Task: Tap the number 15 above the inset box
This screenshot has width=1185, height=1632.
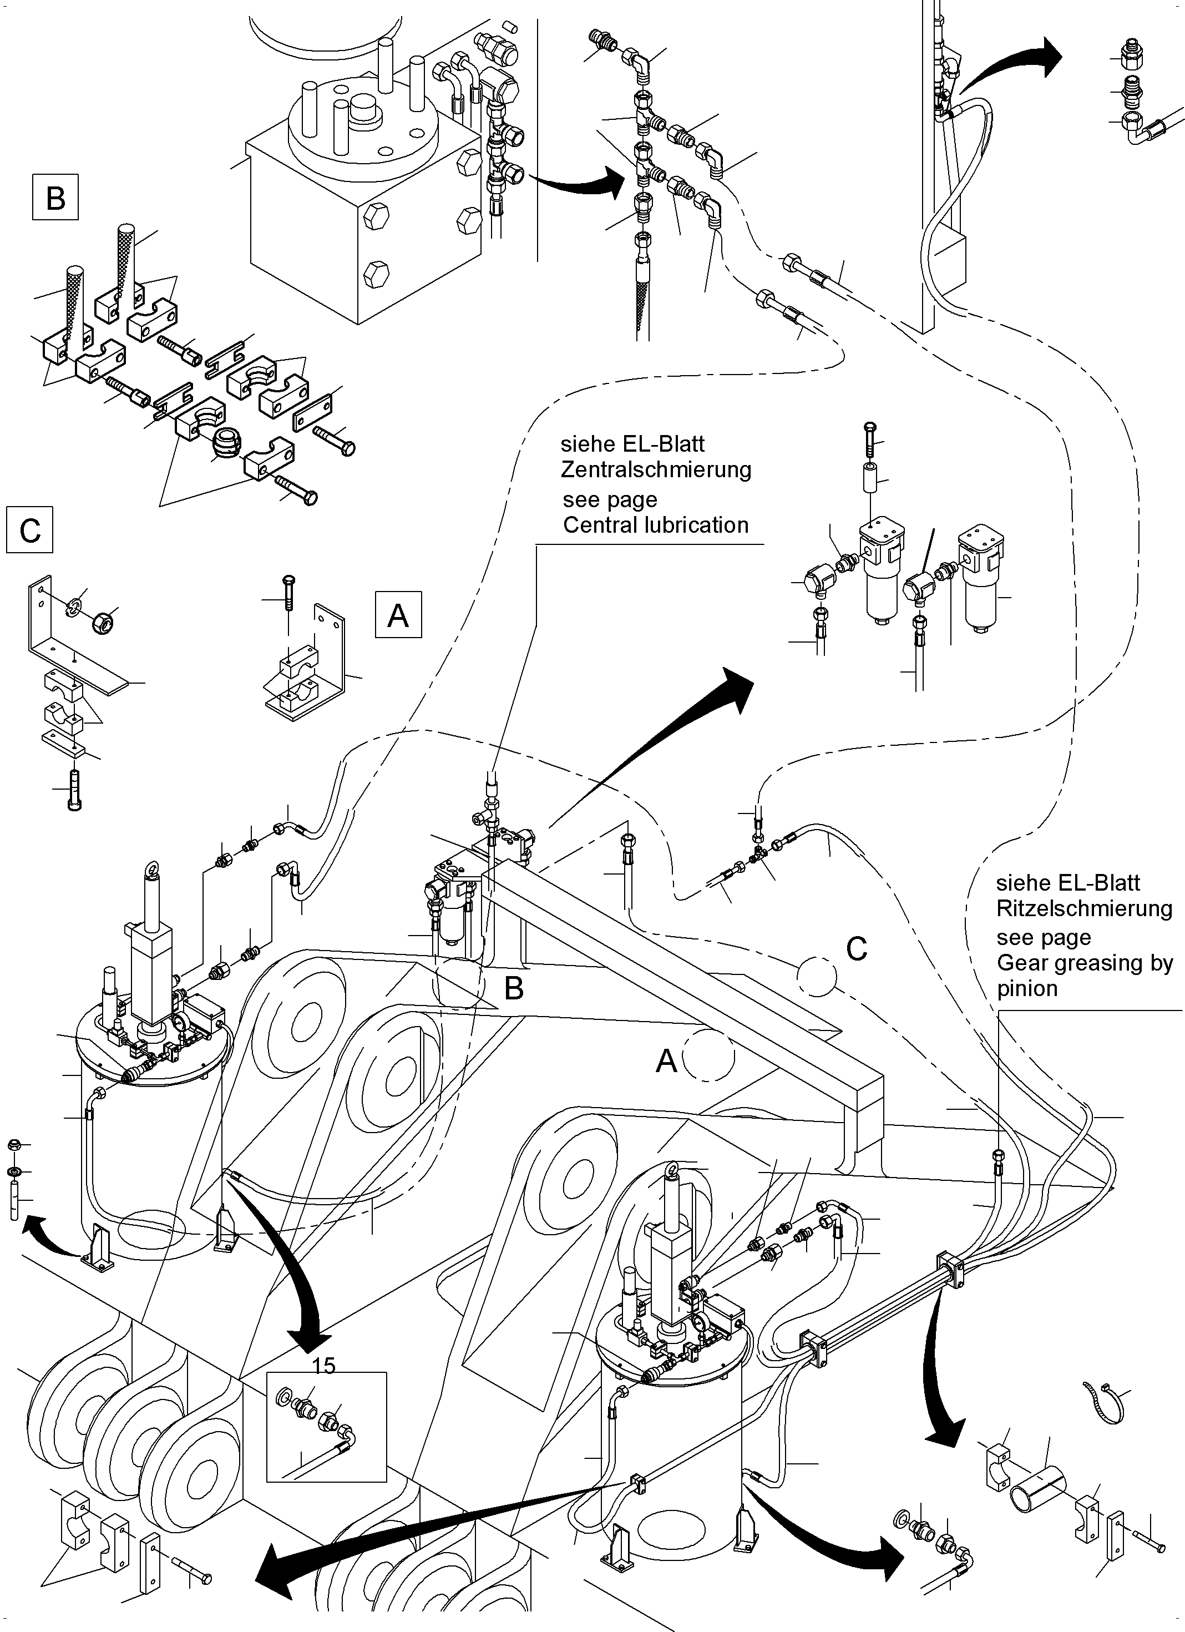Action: point(324,1365)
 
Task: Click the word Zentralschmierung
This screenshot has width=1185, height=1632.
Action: point(655,470)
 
